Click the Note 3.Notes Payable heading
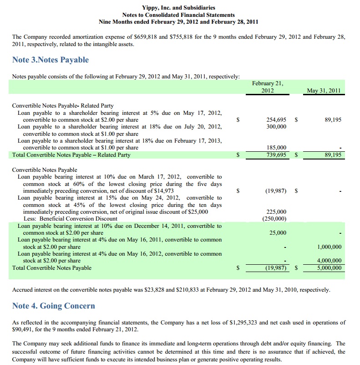point(51,60)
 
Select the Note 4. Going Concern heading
point(54,305)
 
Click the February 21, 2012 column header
point(267,87)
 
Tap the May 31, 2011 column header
point(324,91)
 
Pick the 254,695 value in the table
point(276,119)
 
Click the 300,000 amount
point(276,126)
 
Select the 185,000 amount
point(276,148)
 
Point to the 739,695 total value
point(276,155)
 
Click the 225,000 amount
point(276,212)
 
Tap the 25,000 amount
point(278,233)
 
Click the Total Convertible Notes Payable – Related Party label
point(71,155)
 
